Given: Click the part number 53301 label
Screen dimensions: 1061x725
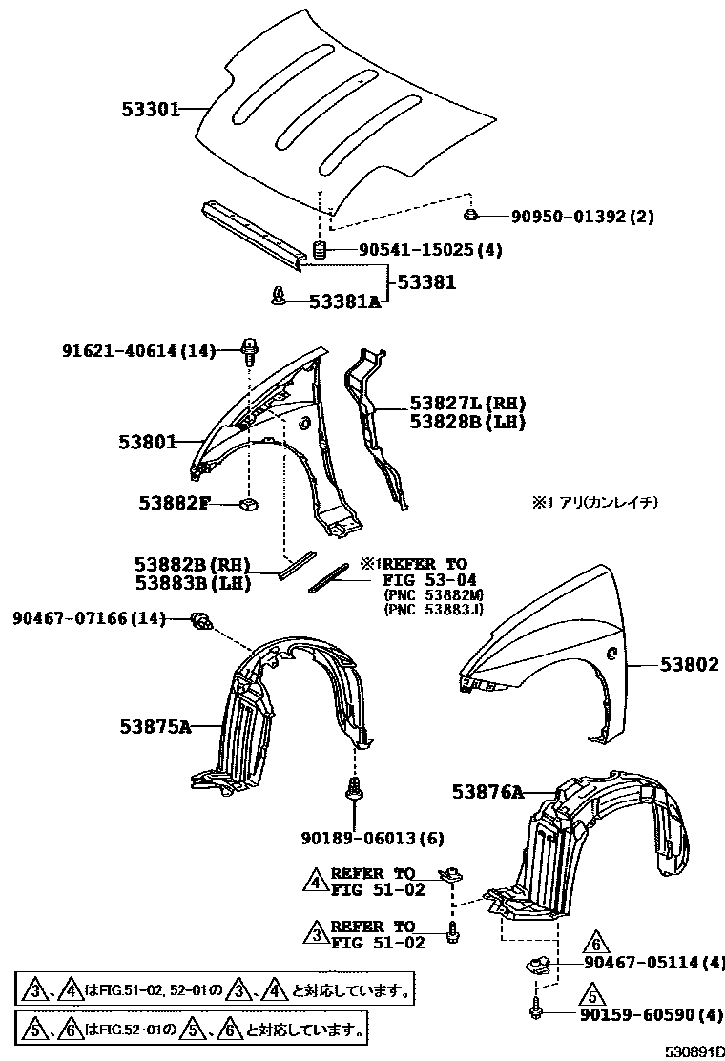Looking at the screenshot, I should coord(151,109).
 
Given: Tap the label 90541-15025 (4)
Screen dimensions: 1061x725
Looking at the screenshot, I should coord(430,250).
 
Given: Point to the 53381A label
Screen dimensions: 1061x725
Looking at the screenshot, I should coord(344,302).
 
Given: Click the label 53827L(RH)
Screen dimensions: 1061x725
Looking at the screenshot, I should coord(467,404).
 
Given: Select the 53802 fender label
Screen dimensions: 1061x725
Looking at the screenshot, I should coord(688,664).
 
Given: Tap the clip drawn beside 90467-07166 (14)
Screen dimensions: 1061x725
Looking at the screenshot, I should coord(201,620).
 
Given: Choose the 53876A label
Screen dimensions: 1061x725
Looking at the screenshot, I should coord(487,791).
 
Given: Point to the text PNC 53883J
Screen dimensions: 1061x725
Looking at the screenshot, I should coord(434,608).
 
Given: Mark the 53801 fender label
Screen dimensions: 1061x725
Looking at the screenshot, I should coord(148,442).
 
